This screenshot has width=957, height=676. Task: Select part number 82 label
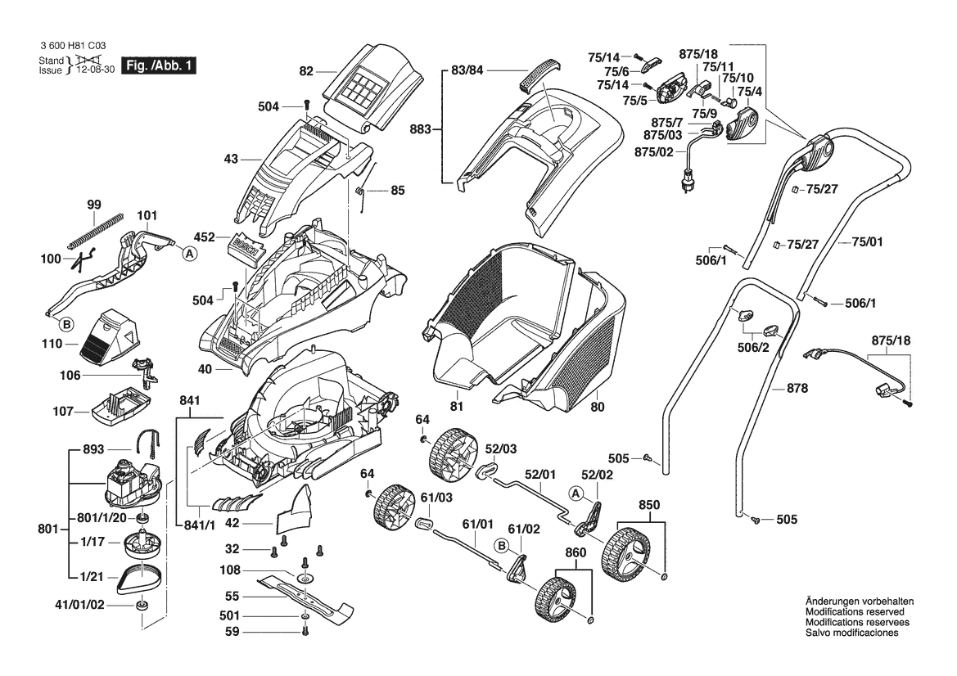click(306, 71)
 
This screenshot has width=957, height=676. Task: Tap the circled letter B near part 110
click(69, 324)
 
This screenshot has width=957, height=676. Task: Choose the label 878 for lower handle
click(797, 388)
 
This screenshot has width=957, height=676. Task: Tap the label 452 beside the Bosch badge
click(205, 238)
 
